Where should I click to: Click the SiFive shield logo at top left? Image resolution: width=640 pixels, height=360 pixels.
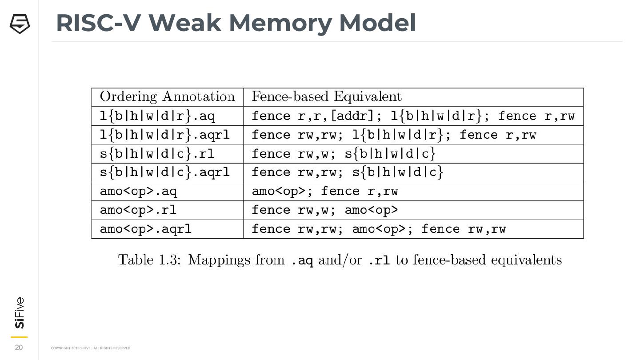[x=20, y=24]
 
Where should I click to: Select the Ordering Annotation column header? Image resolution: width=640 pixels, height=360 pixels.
[x=167, y=96]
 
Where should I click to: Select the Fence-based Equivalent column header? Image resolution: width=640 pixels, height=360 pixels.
[x=327, y=96]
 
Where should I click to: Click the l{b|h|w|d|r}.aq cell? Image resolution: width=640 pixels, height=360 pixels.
[x=157, y=116]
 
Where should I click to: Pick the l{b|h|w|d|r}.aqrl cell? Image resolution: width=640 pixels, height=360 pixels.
[x=164, y=135]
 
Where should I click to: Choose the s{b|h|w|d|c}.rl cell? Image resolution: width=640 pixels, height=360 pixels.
[x=157, y=154]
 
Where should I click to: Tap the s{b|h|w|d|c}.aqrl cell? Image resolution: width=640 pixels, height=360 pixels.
[x=164, y=172]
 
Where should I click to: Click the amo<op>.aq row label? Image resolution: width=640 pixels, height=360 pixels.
[x=138, y=192]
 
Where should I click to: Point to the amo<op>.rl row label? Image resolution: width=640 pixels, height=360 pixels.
[x=138, y=210]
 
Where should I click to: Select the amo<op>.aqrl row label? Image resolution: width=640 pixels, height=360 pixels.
[x=146, y=229]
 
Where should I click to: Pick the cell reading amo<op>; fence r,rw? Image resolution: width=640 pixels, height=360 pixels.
[x=325, y=192]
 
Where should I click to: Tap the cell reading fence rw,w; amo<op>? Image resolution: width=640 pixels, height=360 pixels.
[x=325, y=210]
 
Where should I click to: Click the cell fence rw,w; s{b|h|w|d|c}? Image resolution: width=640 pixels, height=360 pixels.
[x=344, y=154]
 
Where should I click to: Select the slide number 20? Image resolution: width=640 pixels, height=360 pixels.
[x=19, y=348]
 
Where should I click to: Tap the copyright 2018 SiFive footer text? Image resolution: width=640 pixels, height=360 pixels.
[x=91, y=348]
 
